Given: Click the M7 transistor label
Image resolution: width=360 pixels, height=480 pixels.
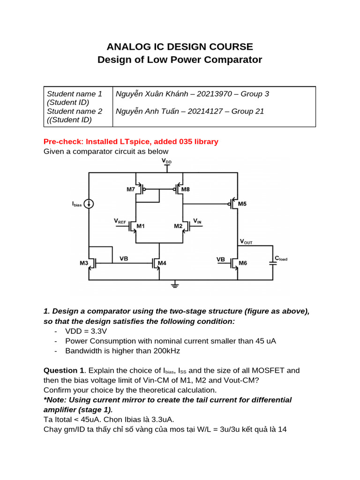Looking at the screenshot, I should (x=130, y=189).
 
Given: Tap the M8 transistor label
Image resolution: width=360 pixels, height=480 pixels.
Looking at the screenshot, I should (x=186, y=189).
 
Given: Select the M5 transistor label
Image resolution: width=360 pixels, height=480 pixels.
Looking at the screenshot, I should (x=242, y=204).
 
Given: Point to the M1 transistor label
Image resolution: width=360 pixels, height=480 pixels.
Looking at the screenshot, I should (x=140, y=226).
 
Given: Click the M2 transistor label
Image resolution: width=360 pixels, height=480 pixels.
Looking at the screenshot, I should (x=178, y=226).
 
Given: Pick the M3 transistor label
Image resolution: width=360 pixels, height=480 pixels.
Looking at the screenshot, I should (x=84, y=263).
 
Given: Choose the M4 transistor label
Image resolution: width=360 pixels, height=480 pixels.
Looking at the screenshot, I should (x=162, y=263).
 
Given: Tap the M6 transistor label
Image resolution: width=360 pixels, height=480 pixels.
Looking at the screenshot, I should (x=242, y=263).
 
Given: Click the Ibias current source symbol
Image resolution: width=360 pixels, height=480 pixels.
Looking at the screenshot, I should (x=89, y=204).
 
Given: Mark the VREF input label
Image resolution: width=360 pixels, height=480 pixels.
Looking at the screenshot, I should (x=120, y=220).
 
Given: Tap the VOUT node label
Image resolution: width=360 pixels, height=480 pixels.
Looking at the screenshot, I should (x=246, y=242).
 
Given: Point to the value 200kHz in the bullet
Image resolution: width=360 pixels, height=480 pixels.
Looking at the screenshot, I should (x=164, y=351).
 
